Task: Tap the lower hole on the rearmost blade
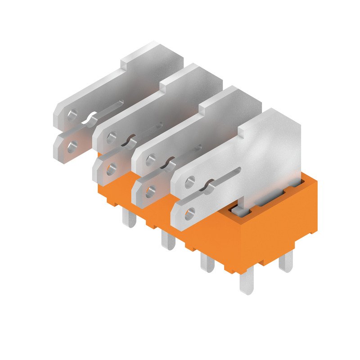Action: coord(71,145)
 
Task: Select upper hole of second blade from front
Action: coord(151,158)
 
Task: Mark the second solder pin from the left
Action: coord(168,239)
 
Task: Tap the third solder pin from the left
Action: coord(207,262)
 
